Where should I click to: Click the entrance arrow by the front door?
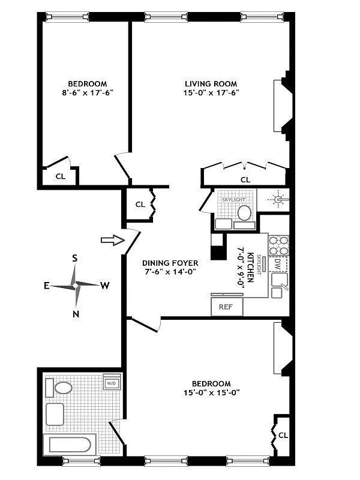point(109,240)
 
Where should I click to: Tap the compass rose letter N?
point(76,314)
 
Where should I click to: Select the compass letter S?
point(75,259)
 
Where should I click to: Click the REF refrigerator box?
point(226,307)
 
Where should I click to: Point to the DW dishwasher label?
point(277,263)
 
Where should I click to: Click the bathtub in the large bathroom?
point(69,446)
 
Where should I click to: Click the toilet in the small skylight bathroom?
point(244,212)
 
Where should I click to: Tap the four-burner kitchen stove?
point(278,245)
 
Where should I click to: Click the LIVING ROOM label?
point(211,83)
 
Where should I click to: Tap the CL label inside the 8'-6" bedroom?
point(60,176)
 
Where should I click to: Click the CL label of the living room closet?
point(245,179)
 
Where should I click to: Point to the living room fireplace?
point(281,106)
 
